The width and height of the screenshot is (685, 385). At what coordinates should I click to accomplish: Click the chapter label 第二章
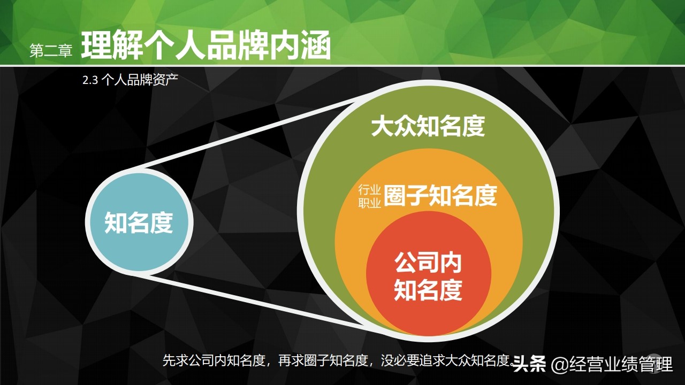tap(50, 51)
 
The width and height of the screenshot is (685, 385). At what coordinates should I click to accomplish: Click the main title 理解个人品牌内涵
tap(206, 46)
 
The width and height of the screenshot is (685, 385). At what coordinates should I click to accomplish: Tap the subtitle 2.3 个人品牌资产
tap(130, 81)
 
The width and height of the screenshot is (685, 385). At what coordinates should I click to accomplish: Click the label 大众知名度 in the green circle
tap(428, 127)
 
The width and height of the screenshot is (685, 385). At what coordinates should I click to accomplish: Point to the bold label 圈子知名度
tap(440, 196)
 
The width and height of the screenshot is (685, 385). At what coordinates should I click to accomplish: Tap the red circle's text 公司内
tap(428, 263)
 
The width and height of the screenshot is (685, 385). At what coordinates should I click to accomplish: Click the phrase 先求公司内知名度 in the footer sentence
tap(214, 361)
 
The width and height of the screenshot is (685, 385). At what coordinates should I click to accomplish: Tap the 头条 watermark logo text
tap(529, 365)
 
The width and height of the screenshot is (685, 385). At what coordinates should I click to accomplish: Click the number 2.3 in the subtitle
tap(89, 81)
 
